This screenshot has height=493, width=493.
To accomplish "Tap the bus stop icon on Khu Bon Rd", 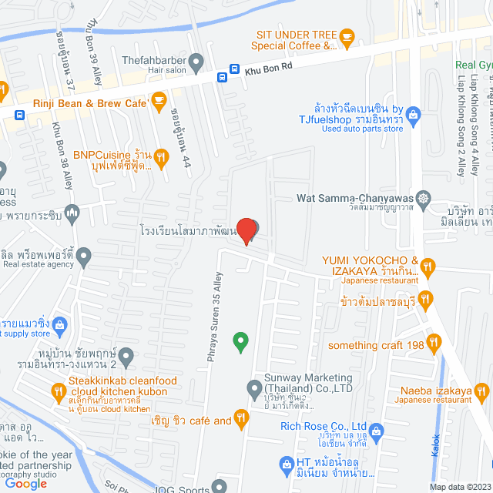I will tap(223, 76).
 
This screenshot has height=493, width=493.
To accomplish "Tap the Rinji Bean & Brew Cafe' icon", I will tap(159, 99).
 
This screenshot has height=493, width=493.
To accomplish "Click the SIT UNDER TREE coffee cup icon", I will tap(347, 35).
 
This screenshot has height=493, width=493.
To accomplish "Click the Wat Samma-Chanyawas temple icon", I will tap(422, 198).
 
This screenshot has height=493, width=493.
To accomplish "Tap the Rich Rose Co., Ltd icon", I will tap(376, 430).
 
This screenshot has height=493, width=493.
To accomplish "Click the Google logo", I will tap(29, 483).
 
